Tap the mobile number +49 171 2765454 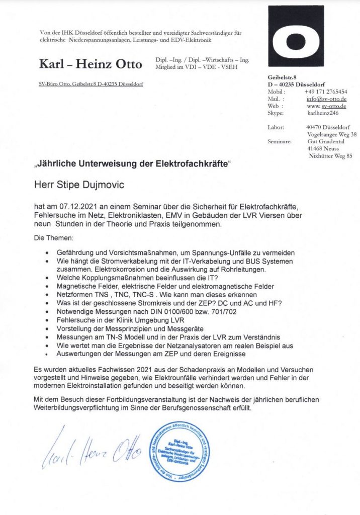pyautogui.click(x=325, y=92)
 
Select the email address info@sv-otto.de pyautogui.click(x=327, y=99)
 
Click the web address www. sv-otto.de pyautogui.click(x=327, y=106)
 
